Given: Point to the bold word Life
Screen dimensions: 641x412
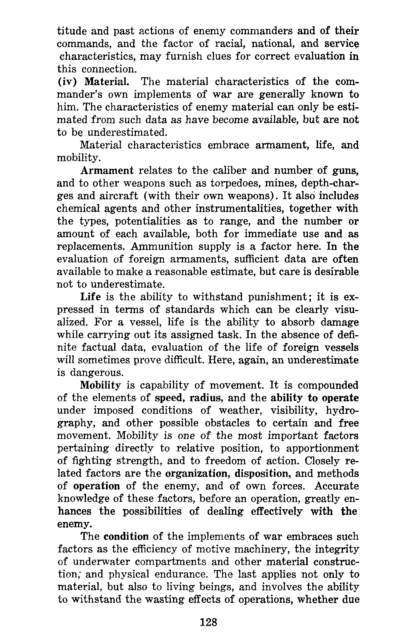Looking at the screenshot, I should (x=90, y=297).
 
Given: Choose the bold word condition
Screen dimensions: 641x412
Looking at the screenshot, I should (x=126, y=537).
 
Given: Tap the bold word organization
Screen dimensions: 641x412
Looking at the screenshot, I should (x=198, y=474).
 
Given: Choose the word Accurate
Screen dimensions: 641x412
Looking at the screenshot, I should (x=336, y=486).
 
